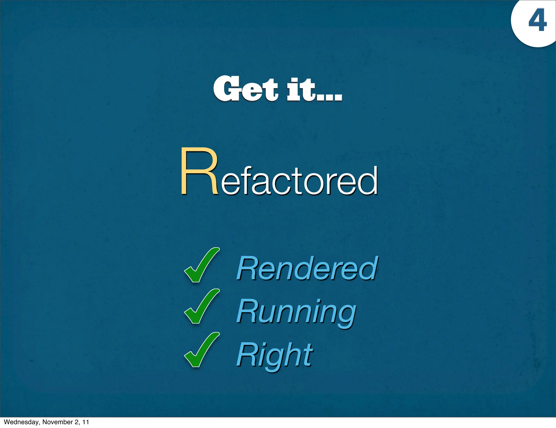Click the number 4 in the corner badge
tap(537, 21)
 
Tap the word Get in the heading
tap(246, 89)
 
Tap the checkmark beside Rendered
tap(201, 265)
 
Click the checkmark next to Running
tap(201, 306)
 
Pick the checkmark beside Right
tap(201, 350)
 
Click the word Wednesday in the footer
tap(21, 422)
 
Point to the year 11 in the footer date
tap(86, 422)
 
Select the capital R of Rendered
tap(246, 268)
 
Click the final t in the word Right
tap(308, 354)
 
